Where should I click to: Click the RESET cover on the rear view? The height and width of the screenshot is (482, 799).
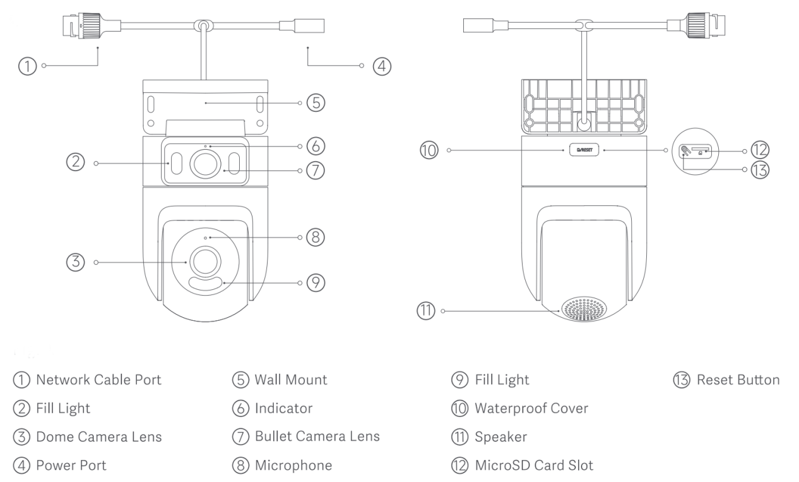(x=583, y=150)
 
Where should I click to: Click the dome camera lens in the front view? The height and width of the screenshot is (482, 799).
(x=205, y=261)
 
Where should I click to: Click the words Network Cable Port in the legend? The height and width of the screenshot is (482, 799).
(x=98, y=380)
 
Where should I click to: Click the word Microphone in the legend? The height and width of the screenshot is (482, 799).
(x=293, y=466)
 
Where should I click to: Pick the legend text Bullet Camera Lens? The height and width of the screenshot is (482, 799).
(x=317, y=437)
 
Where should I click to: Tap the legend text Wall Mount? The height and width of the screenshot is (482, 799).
(x=291, y=380)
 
